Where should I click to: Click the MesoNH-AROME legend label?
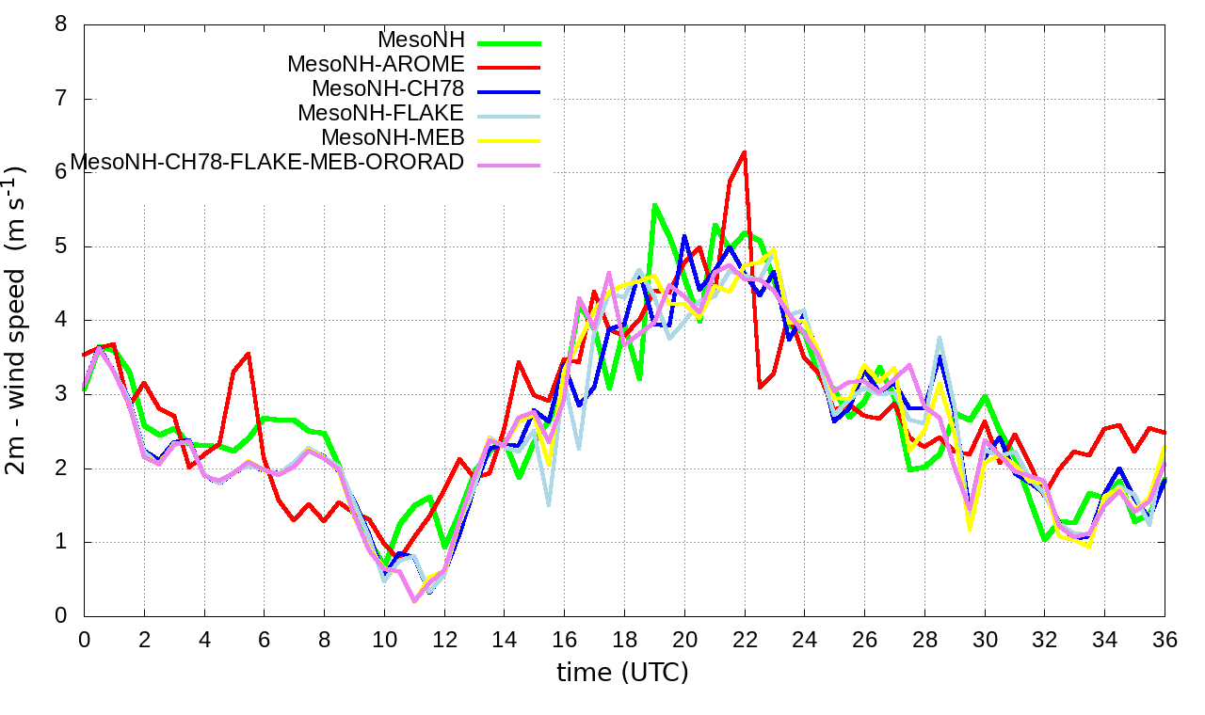(x=376, y=65)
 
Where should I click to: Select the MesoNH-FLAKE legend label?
(x=380, y=114)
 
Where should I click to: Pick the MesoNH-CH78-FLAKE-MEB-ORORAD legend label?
(x=267, y=163)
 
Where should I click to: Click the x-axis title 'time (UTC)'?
(x=622, y=673)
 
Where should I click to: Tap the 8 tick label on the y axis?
(x=61, y=24)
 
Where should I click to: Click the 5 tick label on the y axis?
(x=61, y=246)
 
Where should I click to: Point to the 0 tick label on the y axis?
(x=61, y=616)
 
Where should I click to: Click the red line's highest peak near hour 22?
(x=745, y=151)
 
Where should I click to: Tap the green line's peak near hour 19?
(x=654, y=205)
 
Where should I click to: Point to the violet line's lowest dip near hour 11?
(x=414, y=600)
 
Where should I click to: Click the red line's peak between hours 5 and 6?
(x=249, y=354)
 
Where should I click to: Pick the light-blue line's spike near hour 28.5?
(x=940, y=338)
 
